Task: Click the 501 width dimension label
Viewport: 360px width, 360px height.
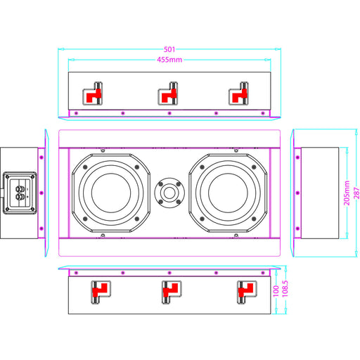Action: pyautogui.click(x=169, y=49)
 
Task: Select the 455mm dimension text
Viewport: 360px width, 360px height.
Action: pyautogui.click(x=169, y=60)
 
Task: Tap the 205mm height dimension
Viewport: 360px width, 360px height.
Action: pyautogui.click(x=347, y=193)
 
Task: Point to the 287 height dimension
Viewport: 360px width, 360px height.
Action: pyautogui.click(x=356, y=193)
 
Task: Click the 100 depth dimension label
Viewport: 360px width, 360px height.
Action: pyautogui.click(x=276, y=291)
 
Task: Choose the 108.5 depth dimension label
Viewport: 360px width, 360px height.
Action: pyautogui.click(x=285, y=289)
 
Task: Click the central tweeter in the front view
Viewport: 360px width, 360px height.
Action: pyautogui.click(x=169, y=193)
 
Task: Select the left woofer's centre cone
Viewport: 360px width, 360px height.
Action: pyautogui.click(x=111, y=193)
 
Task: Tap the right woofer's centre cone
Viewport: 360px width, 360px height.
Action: pyautogui.click(x=228, y=193)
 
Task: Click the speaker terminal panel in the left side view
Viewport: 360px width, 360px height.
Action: pyautogui.click(x=20, y=193)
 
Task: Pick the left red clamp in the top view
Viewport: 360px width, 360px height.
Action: pyautogui.click(x=94, y=96)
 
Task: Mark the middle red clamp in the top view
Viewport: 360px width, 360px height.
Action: pyautogui.click(x=169, y=96)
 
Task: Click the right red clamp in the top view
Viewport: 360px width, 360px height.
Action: pyautogui.click(x=240, y=96)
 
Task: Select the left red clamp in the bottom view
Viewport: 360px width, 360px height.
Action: pyautogui.click(x=100, y=290)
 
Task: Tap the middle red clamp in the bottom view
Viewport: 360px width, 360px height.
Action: pyautogui.click(x=171, y=290)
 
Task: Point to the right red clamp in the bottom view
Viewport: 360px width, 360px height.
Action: pyautogui.click(x=246, y=290)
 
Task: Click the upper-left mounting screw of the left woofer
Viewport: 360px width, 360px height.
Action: pyautogui.click(x=85, y=167)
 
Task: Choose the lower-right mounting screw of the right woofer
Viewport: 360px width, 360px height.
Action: pyautogui.click(x=254, y=219)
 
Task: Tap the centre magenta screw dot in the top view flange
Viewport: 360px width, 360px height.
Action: pyautogui.click(x=169, y=113)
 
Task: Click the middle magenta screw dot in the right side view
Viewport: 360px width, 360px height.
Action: pyautogui.click(x=297, y=193)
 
